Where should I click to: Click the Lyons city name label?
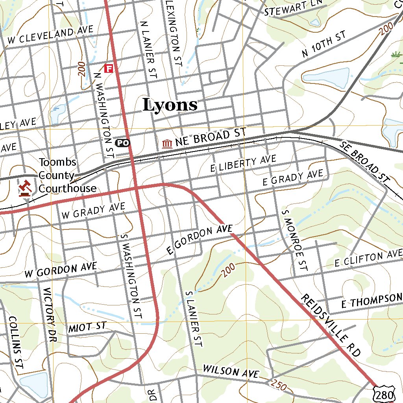tap(170, 105)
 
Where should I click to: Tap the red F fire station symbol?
tap(109, 68)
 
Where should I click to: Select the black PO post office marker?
tap(122, 143)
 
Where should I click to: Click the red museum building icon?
tap(167, 144)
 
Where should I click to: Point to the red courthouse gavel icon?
tap(26, 188)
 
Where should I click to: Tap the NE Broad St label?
tap(211, 138)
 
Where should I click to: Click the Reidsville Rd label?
tap(331, 325)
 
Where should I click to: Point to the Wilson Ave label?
tap(231, 372)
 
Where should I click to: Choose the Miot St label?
tap(87, 327)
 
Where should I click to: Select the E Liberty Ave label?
tap(243, 163)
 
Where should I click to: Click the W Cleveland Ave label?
tap(50, 35)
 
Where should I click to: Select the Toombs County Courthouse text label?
tap(67, 176)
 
